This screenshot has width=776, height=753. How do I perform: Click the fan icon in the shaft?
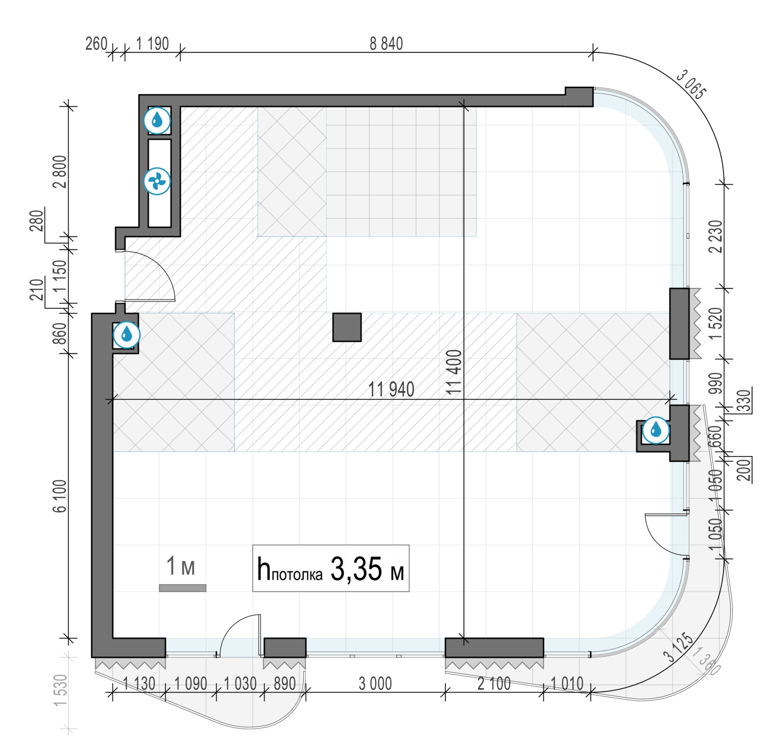(157, 181)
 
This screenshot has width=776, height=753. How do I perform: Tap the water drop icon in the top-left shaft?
(157, 121)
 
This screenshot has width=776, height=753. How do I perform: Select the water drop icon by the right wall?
(656, 430)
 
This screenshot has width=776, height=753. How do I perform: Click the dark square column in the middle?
(347, 327)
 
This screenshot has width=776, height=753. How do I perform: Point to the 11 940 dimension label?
(391, 389)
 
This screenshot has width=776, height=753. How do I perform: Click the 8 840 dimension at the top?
(386, 44)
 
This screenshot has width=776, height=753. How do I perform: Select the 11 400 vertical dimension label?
(454, 372)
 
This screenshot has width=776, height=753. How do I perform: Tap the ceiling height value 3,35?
(356, 569)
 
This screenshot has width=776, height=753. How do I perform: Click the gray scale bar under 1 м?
(183, 588)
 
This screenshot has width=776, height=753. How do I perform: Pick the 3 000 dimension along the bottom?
(376, 684)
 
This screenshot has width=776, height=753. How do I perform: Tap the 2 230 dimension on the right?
(715, 236)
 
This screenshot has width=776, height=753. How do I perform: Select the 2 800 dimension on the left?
(59, 172)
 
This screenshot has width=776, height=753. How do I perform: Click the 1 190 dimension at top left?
(153, 44)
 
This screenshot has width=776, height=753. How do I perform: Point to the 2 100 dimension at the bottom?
(494, 684)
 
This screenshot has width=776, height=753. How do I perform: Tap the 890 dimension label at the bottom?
(285, 684)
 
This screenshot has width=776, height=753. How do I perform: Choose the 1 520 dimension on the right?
(715, 323)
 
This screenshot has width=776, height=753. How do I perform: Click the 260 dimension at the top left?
(96, 44)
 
